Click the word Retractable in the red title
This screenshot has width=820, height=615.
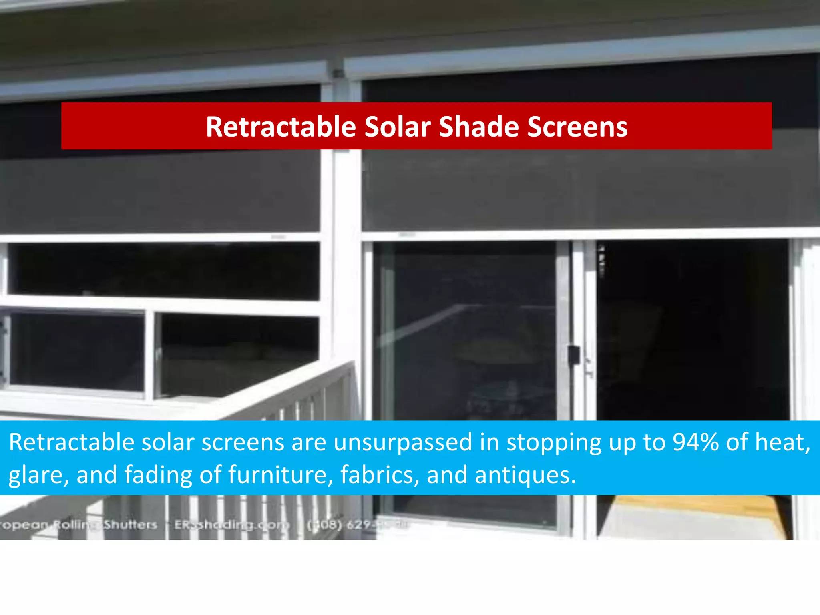[x=281, y=127]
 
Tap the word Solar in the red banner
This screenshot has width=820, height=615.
[x=397, y=127]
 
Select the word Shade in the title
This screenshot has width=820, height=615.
[x=478, y=127]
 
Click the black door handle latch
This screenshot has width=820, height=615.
[x=573, y=355]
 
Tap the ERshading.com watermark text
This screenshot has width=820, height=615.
[x=231, y=525]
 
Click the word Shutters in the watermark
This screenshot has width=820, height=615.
[x=131, y=525]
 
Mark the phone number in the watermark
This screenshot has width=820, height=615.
[x=356, y=525]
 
